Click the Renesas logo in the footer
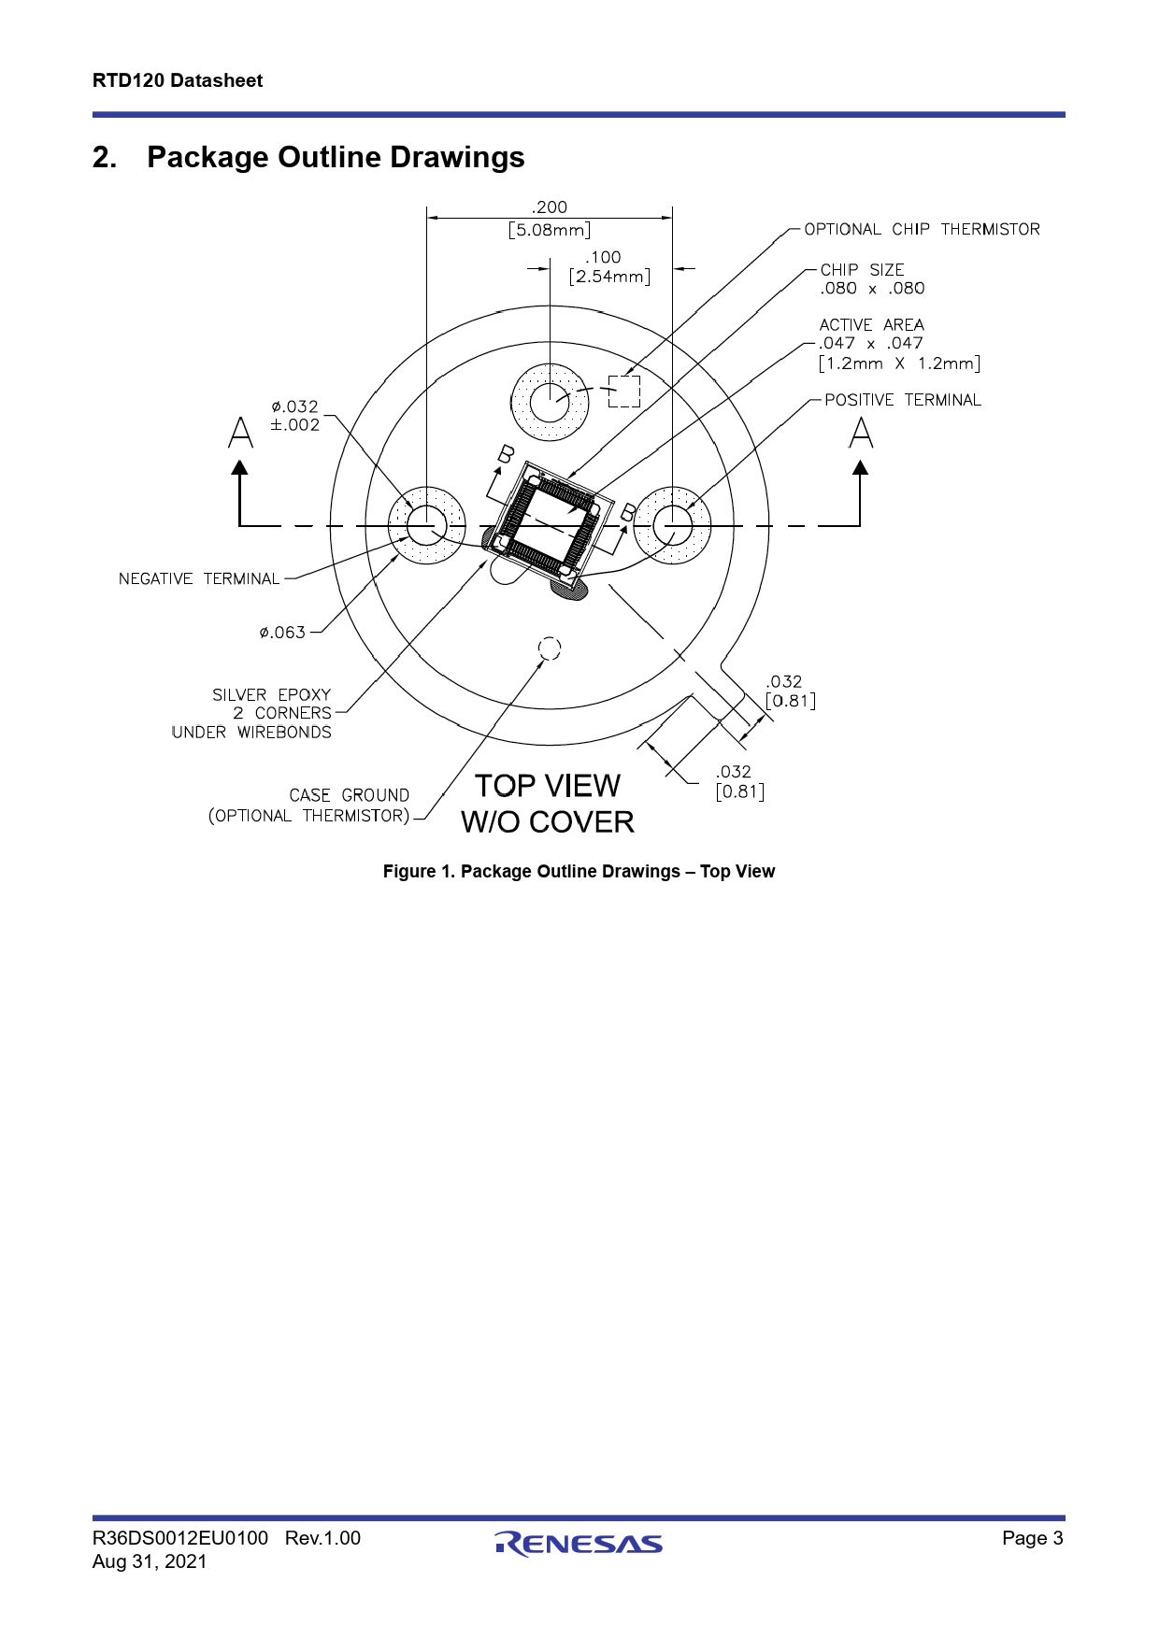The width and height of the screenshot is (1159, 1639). tap(579, 1544)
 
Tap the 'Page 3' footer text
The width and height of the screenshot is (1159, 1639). tap(1032, 1538)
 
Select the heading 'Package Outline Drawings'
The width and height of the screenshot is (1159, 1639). tap(336, 157)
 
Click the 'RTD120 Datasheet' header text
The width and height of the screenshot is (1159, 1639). tap(178, 80)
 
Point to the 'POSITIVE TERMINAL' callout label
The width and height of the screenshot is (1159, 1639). tap(902, 400)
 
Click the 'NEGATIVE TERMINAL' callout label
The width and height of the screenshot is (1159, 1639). tap(199, 579)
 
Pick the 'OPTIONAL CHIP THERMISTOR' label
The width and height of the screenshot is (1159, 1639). tap(922, 230)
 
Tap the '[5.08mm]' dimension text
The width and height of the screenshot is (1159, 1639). tap(550, 230)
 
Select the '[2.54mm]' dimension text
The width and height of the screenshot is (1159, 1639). tap(609, 277)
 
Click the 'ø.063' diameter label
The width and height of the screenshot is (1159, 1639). tap(283, 633)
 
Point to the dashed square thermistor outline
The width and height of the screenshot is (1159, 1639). tap(624, 392)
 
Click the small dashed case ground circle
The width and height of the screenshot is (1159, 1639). tap(550, 648)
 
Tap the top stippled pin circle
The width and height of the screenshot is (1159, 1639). tap(550, 403)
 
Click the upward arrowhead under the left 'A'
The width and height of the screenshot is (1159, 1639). tap(240, 466)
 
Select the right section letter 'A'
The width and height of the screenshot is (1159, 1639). tap(861, 433)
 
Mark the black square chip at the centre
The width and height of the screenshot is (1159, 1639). tap(550, 520)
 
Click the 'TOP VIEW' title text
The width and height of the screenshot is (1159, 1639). tap(548, 786)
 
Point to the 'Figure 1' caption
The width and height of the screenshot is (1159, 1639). tap(579, 872)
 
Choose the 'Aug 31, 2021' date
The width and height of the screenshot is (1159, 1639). tap(150, 1561)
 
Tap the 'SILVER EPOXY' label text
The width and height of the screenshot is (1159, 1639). tap(271, 695)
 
